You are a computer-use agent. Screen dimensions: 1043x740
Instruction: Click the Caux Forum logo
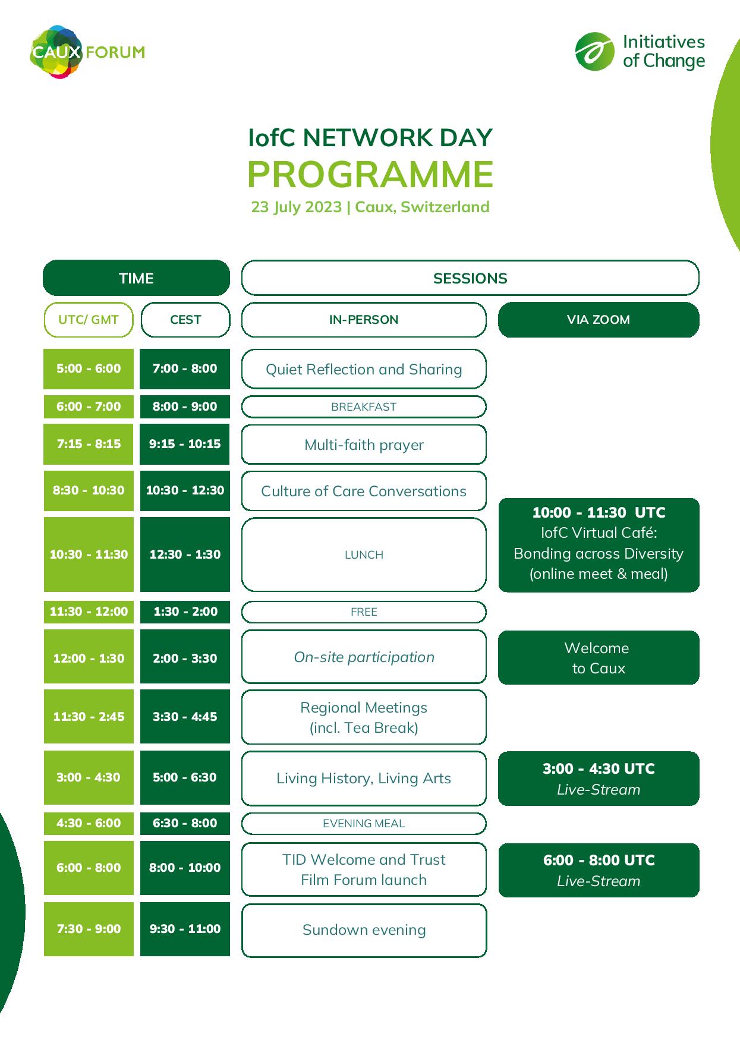86,52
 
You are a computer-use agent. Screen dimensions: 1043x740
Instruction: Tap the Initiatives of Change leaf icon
594,52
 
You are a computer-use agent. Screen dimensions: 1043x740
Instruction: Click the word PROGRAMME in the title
370,174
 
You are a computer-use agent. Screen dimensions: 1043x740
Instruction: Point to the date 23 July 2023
297,207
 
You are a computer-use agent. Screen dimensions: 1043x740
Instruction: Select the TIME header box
136,278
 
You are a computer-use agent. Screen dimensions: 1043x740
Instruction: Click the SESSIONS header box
470,278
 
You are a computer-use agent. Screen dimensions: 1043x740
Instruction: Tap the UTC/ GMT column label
89,320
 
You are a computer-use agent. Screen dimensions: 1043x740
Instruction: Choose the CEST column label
185,320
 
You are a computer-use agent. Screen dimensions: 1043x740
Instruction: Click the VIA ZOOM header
598,320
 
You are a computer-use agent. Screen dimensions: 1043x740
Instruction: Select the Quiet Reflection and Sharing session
364,369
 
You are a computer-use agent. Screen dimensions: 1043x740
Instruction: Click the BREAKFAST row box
364,407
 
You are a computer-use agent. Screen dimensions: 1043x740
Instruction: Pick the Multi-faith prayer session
364,445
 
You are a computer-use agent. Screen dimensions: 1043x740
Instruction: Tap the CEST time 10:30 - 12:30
185,490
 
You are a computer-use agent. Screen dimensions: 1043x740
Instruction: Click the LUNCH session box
364,554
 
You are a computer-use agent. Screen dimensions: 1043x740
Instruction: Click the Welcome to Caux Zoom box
599,658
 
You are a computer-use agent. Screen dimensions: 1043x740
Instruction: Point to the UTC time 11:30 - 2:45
89,717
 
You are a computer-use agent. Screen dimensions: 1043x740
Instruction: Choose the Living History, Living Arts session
364,779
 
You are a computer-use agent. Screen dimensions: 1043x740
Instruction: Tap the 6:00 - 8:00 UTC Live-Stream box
599,870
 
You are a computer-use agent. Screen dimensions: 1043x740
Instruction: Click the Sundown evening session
364,930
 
